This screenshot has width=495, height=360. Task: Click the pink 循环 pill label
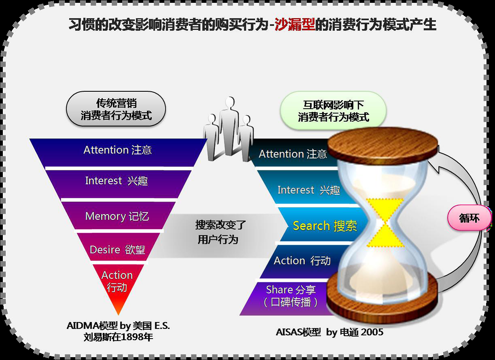[470, 218]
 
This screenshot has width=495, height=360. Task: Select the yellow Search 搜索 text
[325, 226]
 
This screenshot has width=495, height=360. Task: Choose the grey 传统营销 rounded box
[116, 109]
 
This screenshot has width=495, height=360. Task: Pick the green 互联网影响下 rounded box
[333, 110]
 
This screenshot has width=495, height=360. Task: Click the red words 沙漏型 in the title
[295, 25]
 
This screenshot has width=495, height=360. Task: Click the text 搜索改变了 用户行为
[220, 232]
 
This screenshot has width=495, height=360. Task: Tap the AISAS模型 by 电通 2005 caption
[329, 332]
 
